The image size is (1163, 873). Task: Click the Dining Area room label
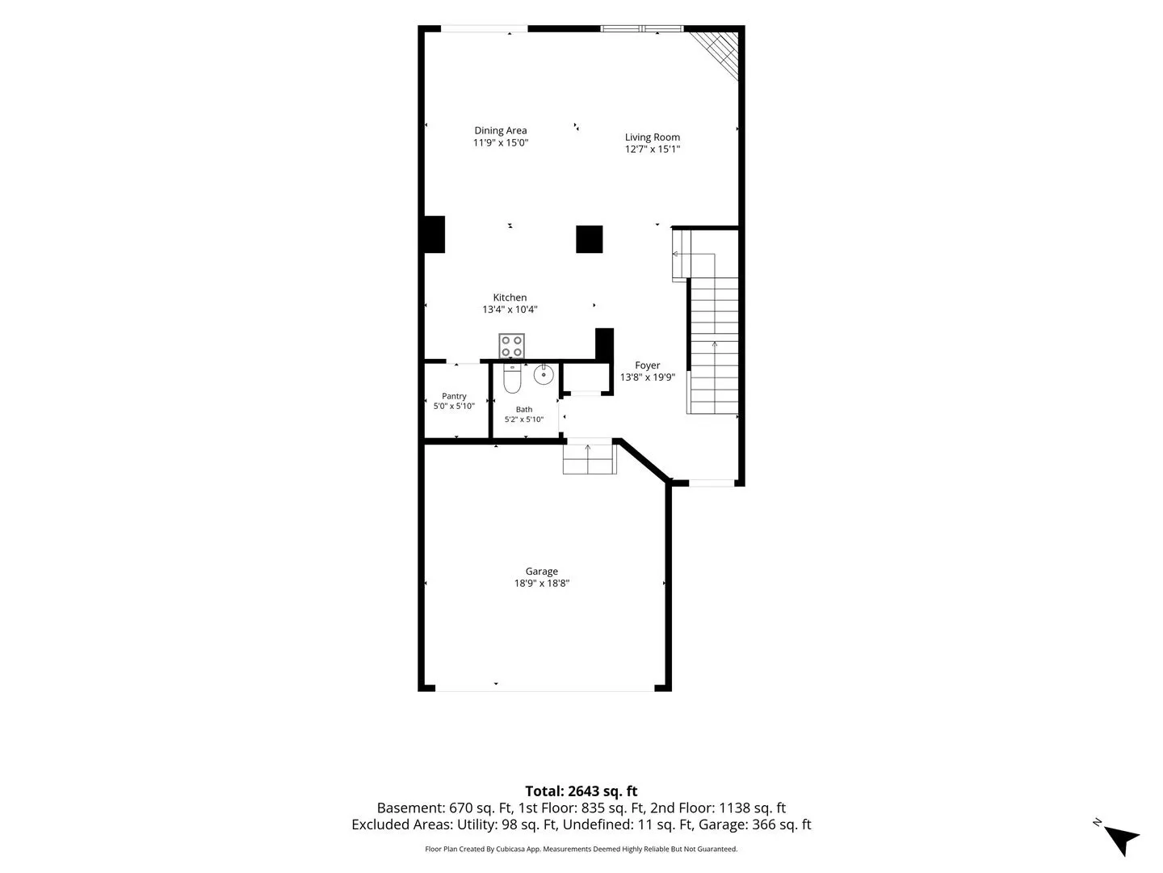point(500,130)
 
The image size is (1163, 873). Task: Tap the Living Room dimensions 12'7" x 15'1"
point(653,149)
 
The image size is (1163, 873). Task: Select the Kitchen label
point(510,297)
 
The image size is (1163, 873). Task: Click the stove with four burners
point(511,346)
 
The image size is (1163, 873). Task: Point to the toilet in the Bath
point(512,378)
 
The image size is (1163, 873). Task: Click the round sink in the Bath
point(544,375)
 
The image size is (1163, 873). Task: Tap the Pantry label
point(454,396)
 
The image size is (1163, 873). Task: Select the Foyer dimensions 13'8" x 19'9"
point(648,377)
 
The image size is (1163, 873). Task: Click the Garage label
point(541,571)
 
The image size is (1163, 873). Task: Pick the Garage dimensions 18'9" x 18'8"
point(541,583)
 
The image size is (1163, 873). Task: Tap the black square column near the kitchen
point(590,239)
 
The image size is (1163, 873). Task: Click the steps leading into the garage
point(590,457)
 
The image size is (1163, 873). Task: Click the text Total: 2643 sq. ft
point(581,791)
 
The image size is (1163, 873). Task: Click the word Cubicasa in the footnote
point(510,849)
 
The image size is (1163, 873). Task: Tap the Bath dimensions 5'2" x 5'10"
point(524,420)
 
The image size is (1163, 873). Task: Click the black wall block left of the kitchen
point(435,234)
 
